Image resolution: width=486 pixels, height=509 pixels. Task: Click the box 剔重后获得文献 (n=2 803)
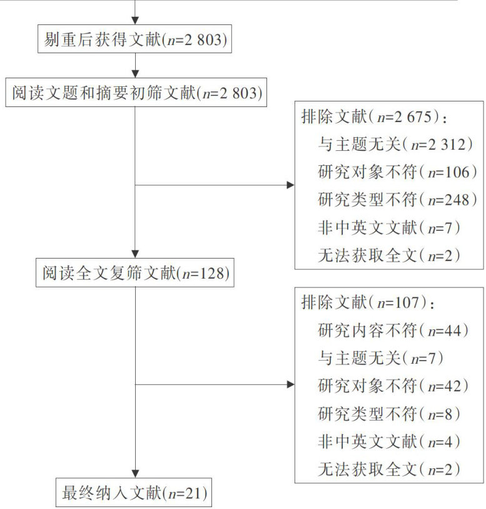click(x=134, y=40)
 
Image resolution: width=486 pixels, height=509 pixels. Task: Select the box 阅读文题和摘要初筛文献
click(x=134, y=93)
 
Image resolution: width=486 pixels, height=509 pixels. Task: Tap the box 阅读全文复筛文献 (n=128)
click(x=134, y=274)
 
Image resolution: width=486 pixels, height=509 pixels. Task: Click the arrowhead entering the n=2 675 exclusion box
click(x=290, y=185)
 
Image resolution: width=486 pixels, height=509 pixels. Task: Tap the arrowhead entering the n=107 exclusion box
click(x=290, y=384)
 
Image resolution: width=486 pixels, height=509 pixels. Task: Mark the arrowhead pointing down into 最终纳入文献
click(x=134, y=472)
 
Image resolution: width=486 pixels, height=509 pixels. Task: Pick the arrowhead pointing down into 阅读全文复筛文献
click(x=134, y=255)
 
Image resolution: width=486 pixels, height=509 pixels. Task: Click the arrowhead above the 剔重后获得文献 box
click(x=134, y=21)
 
